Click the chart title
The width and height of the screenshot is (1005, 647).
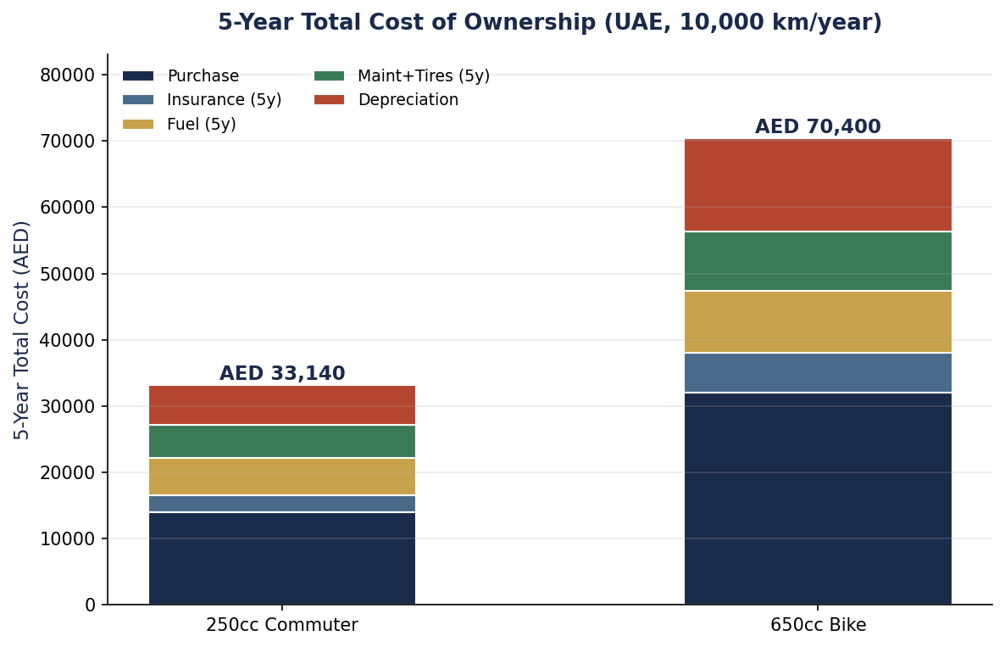click(x=550, y=22)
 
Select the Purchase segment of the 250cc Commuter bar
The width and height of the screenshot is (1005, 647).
click(x=282, y=559)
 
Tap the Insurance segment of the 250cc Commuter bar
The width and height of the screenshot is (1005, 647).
click(x=282, y=504)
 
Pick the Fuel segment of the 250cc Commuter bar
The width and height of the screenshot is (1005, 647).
click(x=282, y=477)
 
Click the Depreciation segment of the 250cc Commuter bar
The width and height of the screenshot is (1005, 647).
click(x=282, y=405)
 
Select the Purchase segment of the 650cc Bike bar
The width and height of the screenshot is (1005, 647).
click(x=818, y=499)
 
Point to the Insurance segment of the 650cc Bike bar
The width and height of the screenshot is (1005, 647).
click(x=818, y=372)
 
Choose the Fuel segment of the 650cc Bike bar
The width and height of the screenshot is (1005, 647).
click(x=818, y=322)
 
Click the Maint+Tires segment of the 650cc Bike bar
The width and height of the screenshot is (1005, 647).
click(x=818, y=262)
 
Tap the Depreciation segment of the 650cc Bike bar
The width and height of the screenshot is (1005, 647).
click(x=818, y=186)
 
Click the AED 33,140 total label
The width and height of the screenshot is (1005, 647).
click(x=282, y=373)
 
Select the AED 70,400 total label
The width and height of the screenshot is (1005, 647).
click(x=818, y=126)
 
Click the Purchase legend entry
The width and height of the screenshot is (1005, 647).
click(x=180, y=75)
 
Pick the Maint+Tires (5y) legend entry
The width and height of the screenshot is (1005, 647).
click(x=402, y=75)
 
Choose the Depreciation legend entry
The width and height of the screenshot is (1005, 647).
click(x=386, y=100)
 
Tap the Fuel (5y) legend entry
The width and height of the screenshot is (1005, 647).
click(x=180, y=124)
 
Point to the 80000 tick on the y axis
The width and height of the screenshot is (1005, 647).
click(x=67, y=75)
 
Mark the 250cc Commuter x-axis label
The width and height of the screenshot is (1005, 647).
click(x=282, y=625)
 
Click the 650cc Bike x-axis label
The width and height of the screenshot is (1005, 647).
click(x=818, y=625)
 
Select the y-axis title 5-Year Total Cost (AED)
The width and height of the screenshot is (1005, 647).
click(x=22, y=330)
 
